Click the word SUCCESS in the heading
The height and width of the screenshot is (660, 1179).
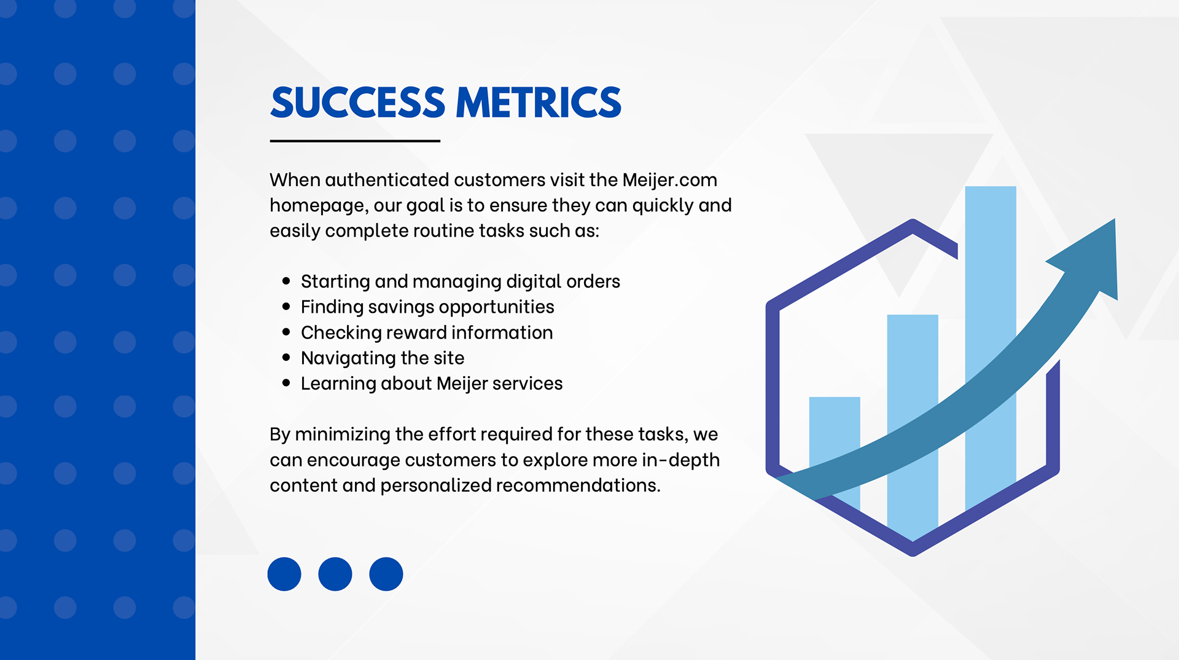(357, 102)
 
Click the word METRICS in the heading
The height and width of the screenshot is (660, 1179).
(539, 102)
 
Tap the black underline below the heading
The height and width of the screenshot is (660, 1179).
(355, 141)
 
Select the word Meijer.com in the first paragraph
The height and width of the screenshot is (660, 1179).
(669, 179)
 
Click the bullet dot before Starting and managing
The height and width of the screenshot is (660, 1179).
(286, 281)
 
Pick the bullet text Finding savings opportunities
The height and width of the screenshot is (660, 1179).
(427, 307)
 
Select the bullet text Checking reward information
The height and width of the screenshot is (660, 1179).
(427, 332)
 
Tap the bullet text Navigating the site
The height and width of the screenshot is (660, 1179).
(383, 358)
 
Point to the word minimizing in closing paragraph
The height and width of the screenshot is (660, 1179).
(343, 434)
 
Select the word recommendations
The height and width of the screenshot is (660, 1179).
(578, 485)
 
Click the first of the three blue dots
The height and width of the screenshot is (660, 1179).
(284, 574)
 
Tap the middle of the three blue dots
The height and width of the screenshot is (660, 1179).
(335, 574)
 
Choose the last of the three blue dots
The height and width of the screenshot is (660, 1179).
(386, 574)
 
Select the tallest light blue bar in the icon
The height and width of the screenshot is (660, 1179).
(990, 277)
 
